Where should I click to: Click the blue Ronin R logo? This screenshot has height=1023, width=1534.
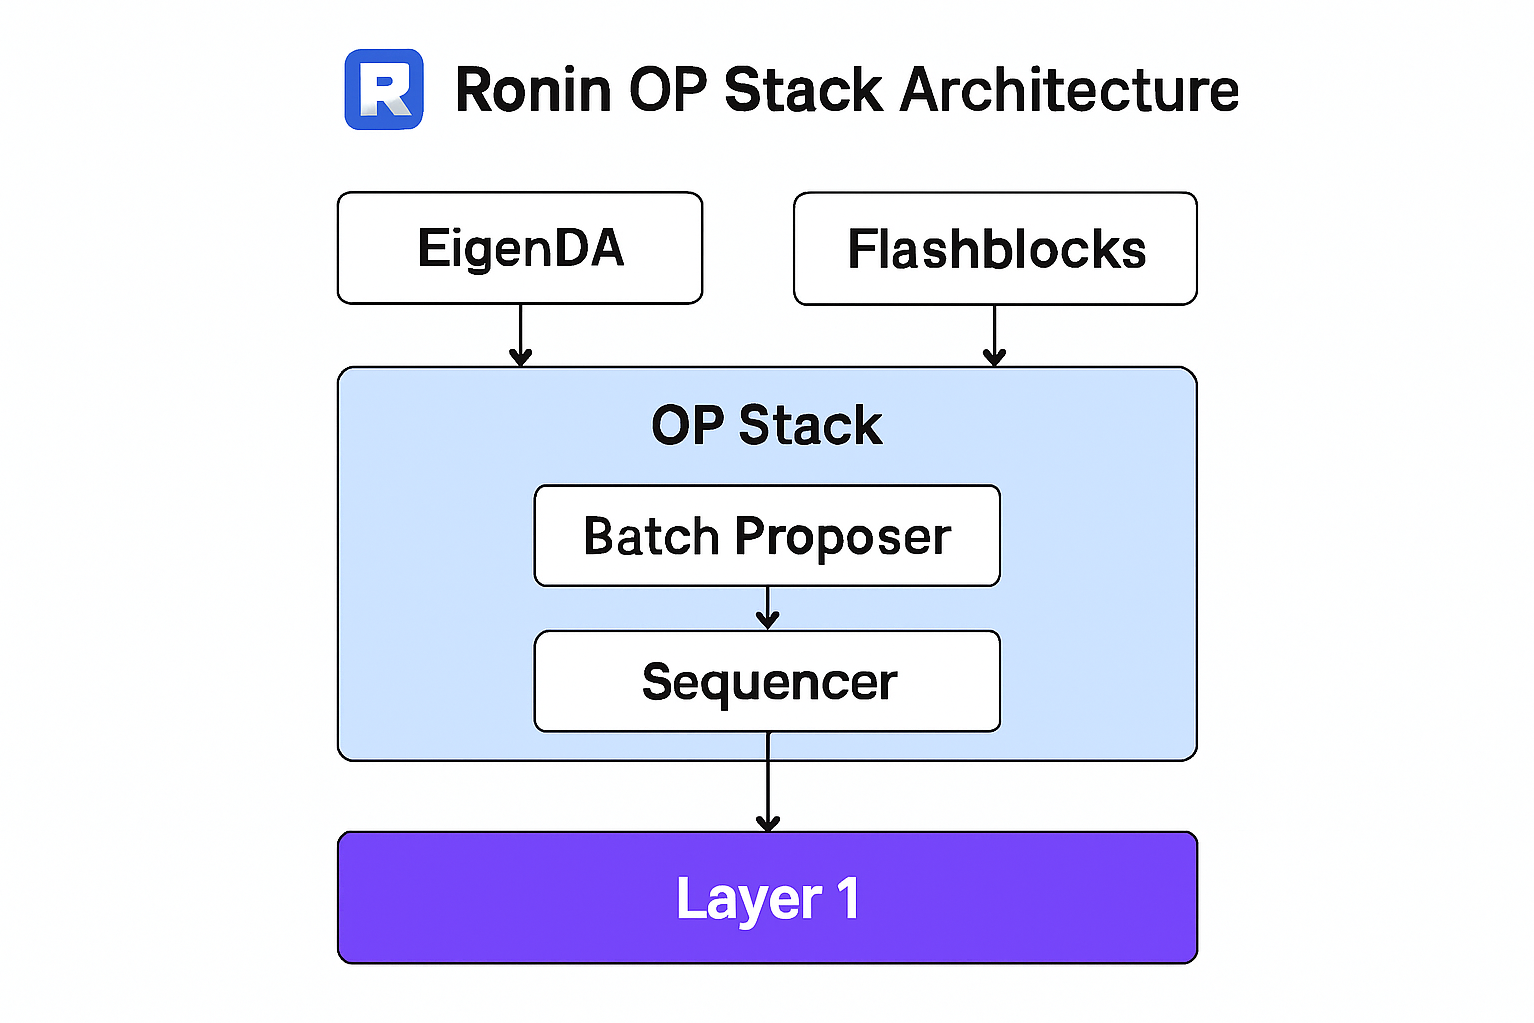click(383, 90)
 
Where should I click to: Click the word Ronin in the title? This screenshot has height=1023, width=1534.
click(533, 90)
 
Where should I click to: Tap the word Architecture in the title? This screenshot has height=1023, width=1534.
click(1069, 90)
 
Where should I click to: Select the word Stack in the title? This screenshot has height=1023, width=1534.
click(803, 90)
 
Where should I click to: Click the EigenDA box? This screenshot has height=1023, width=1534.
click(519, 248)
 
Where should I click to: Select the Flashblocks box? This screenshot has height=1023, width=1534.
click(995, 248)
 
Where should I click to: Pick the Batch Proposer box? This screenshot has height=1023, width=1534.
click(767, 535)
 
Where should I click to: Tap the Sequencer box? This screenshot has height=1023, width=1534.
click(767, 681)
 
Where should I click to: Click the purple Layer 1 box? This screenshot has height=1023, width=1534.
click(767, 897)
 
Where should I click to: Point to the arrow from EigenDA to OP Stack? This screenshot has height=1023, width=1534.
click(520, 336)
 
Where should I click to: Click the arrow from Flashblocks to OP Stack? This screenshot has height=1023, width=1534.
click(994, 336)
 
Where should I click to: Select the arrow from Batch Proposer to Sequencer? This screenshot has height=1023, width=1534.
click(767, 608)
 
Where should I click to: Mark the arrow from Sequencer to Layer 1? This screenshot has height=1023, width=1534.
click(767, 781)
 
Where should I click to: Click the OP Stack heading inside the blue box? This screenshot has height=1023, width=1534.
click(767, 425)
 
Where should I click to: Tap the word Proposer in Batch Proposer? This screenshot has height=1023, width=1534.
click(842, 537)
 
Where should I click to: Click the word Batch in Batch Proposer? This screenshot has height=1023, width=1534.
click(651, 536)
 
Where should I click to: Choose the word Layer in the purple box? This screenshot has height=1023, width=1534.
click(748, 899)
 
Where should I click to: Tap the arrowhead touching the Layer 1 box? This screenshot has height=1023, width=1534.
click(767, 823)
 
